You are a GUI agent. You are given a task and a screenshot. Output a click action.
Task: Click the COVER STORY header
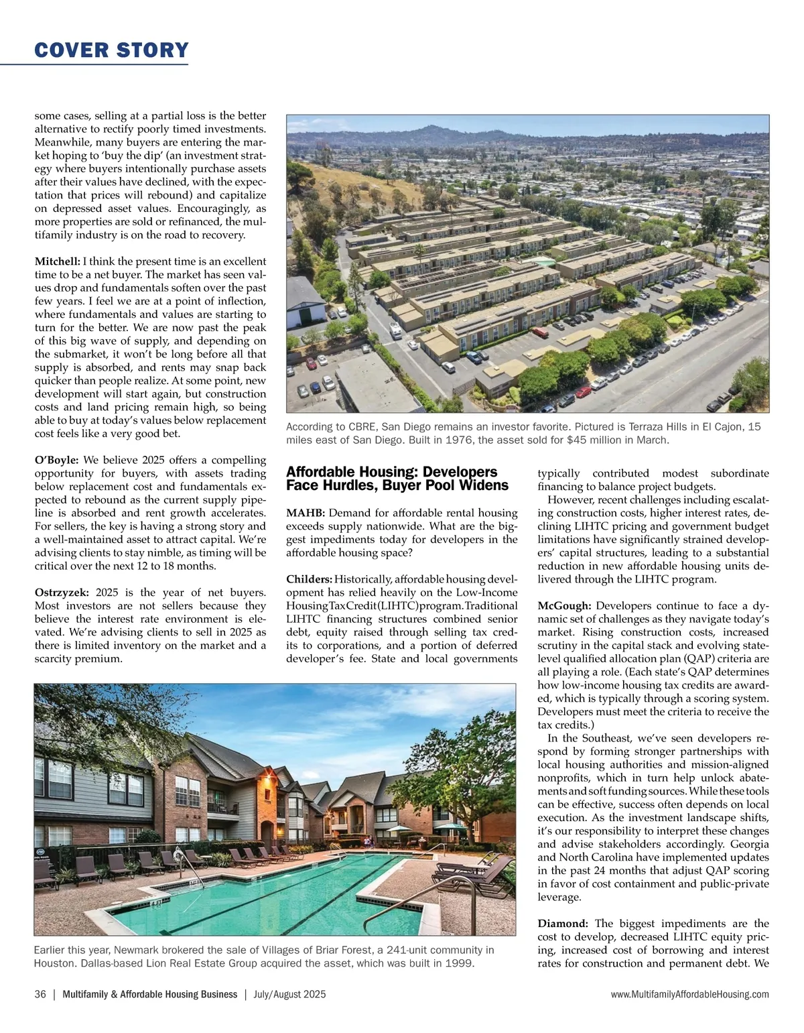[x=111, y=50]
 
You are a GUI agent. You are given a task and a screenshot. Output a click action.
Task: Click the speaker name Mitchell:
[x=57, y=261]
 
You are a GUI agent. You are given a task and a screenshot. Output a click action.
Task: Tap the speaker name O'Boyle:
[x=56, y=460]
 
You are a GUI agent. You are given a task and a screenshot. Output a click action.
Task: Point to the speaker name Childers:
[x=309, y=579]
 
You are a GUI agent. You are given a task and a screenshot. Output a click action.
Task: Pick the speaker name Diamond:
[x=563, y=924]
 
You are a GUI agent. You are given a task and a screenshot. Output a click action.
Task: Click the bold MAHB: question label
[x=306, y=513]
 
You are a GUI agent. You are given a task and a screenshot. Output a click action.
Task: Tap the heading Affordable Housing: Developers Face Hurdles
[x=397, y=479]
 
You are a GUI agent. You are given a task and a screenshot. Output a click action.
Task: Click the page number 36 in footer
[x=40, y=995]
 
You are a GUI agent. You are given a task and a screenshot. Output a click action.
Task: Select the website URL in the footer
[x=690, y=995]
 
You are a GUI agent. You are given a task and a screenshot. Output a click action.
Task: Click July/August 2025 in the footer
[x=289, y=995]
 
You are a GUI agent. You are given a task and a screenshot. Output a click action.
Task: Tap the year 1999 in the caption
[x=460, y=964]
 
